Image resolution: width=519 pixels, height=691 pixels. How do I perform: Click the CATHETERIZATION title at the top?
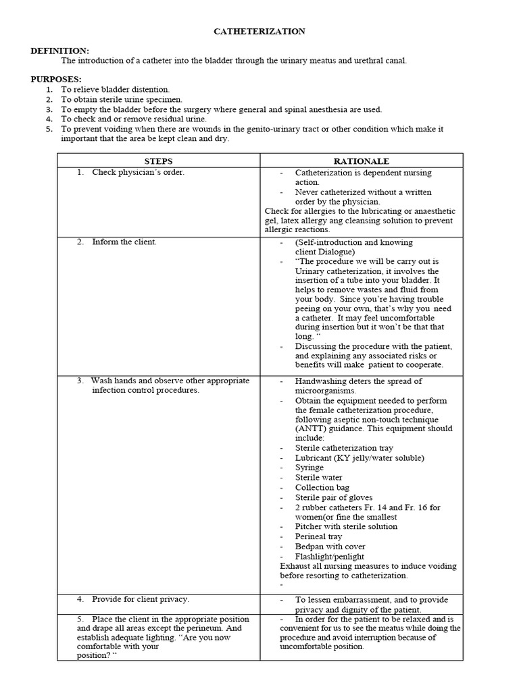[259, 32]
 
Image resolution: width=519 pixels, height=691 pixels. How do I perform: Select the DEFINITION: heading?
[60, 51]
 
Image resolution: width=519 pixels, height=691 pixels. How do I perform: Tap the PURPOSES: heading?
[56, 80]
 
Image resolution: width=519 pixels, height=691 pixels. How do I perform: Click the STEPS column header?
[159, 161]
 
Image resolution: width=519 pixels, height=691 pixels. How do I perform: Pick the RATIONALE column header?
[362, 161]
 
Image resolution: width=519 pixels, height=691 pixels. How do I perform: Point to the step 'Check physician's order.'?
[138, 172]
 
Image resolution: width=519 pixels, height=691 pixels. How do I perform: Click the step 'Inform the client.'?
[124, 242]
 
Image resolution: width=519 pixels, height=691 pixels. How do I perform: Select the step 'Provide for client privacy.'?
[141, 599]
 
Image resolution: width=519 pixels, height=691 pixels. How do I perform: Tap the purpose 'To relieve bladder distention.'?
[116, 90]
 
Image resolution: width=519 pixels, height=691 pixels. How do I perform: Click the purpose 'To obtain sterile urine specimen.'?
[122, 99]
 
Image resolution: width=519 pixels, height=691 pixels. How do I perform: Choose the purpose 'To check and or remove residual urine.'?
[134, 119]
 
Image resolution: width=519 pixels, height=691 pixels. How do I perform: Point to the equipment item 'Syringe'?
[310, 468]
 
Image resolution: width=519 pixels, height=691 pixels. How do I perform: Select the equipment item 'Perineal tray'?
[319, 536]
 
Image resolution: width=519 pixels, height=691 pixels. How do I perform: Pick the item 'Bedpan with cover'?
[330, 547]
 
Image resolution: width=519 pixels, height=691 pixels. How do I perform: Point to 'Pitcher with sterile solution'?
[346, 526]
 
